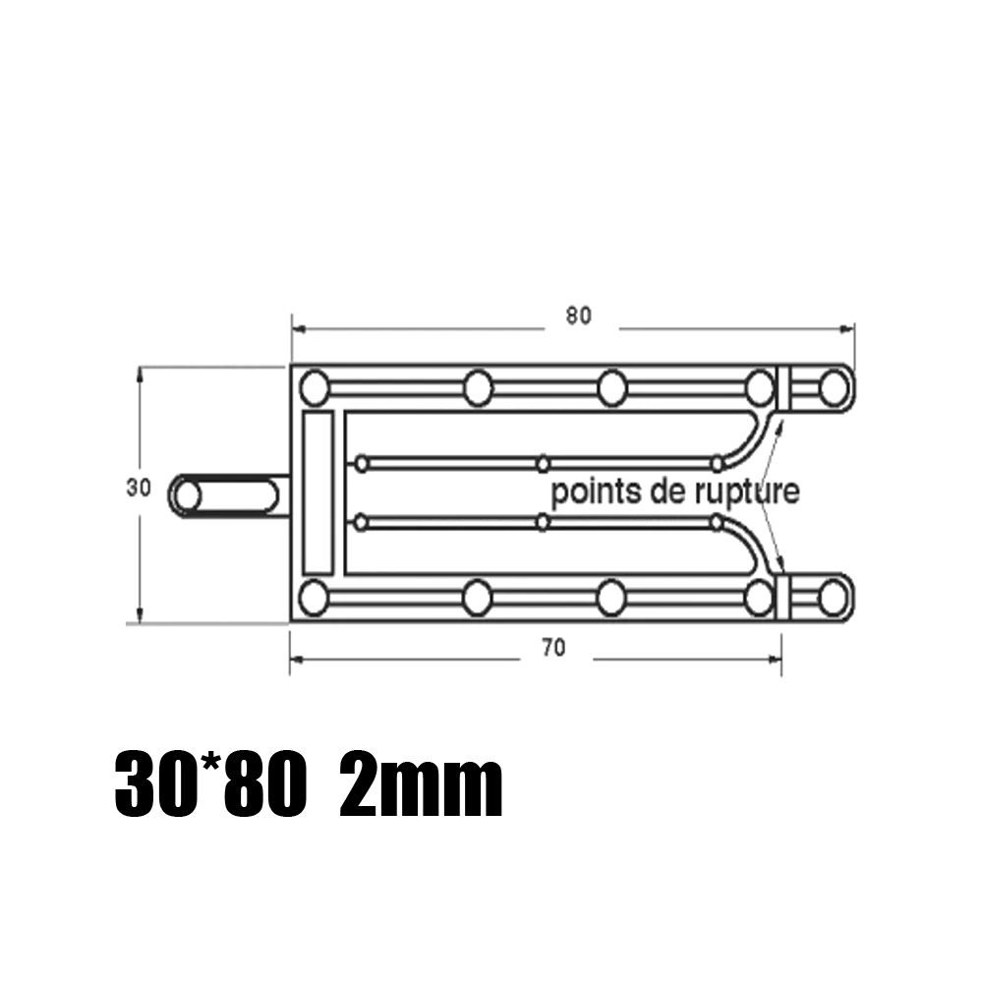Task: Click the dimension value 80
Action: click(x=579, y=317)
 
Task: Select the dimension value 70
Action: click(x=553, y=648)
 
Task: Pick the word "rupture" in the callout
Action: click(x=737, y=491)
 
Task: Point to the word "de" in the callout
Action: click(x=662, y=491)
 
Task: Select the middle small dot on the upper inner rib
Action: click(x=543, y=462)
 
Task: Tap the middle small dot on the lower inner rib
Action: click(x=543, y=522)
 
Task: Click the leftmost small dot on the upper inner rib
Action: click(x=362, y=462)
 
